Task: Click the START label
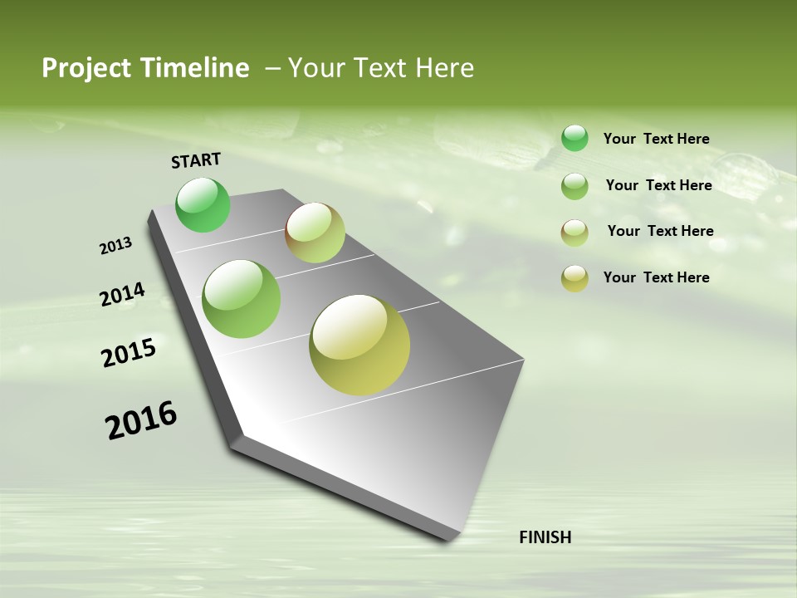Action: pos(196,160)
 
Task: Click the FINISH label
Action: pos(545,537)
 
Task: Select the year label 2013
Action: pos(115,246)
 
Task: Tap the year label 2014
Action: pos(122,295)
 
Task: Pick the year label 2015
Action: pos(129,353)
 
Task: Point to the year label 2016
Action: pos(141,420)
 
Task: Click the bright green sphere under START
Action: pos(203,205)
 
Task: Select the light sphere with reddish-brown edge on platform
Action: pos(315,233)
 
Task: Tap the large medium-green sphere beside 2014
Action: pos(242,299)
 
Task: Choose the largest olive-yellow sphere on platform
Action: pos(359,345)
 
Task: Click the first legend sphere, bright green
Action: pos(575,138)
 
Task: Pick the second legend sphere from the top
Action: pos(575,186)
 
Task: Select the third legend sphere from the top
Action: pos(575,233)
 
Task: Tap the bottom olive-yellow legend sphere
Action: pos(575,278)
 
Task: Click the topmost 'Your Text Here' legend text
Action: pos(656,139)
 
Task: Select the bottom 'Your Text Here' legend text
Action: pos(656,277)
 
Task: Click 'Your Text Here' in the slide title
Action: pos(381,68)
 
